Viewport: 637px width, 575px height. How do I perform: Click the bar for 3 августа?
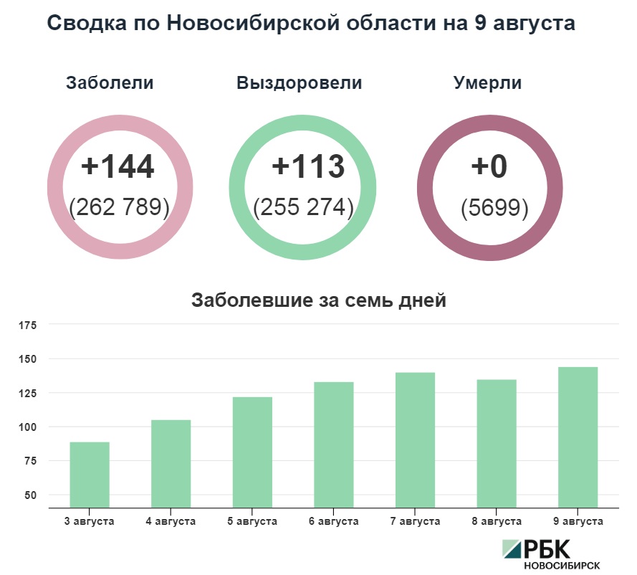(90, 475)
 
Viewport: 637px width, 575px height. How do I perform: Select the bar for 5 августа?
(252, 452)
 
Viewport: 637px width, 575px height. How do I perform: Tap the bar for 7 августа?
(415, 439)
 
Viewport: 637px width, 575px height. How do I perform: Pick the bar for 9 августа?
(578, 437)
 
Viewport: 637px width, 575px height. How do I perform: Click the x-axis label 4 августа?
(171, 521)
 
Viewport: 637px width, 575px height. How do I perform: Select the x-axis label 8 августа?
(496, 521)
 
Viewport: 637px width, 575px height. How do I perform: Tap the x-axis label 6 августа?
(333, 521)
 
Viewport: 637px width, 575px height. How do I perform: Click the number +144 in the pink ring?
(118, 166)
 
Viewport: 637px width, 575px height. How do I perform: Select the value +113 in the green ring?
(308, 166)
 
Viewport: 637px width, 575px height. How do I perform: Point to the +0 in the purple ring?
(489, 166)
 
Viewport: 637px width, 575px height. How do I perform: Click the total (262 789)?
(119, 208)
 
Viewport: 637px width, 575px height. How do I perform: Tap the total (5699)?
(494, 208)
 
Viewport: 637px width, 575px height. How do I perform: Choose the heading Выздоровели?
(299, 83)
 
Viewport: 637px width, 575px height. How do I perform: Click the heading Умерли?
(487, 83)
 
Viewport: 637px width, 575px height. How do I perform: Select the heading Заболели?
(110, 83)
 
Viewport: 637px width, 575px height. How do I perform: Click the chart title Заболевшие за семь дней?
(319, 300)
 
